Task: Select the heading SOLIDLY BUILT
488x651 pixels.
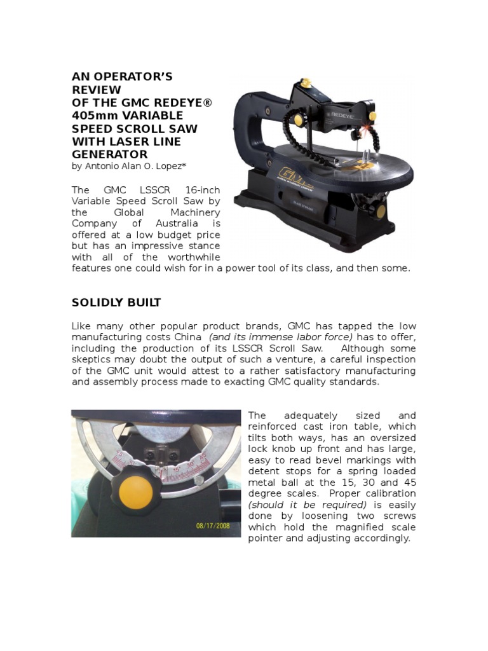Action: click(116, 302)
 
